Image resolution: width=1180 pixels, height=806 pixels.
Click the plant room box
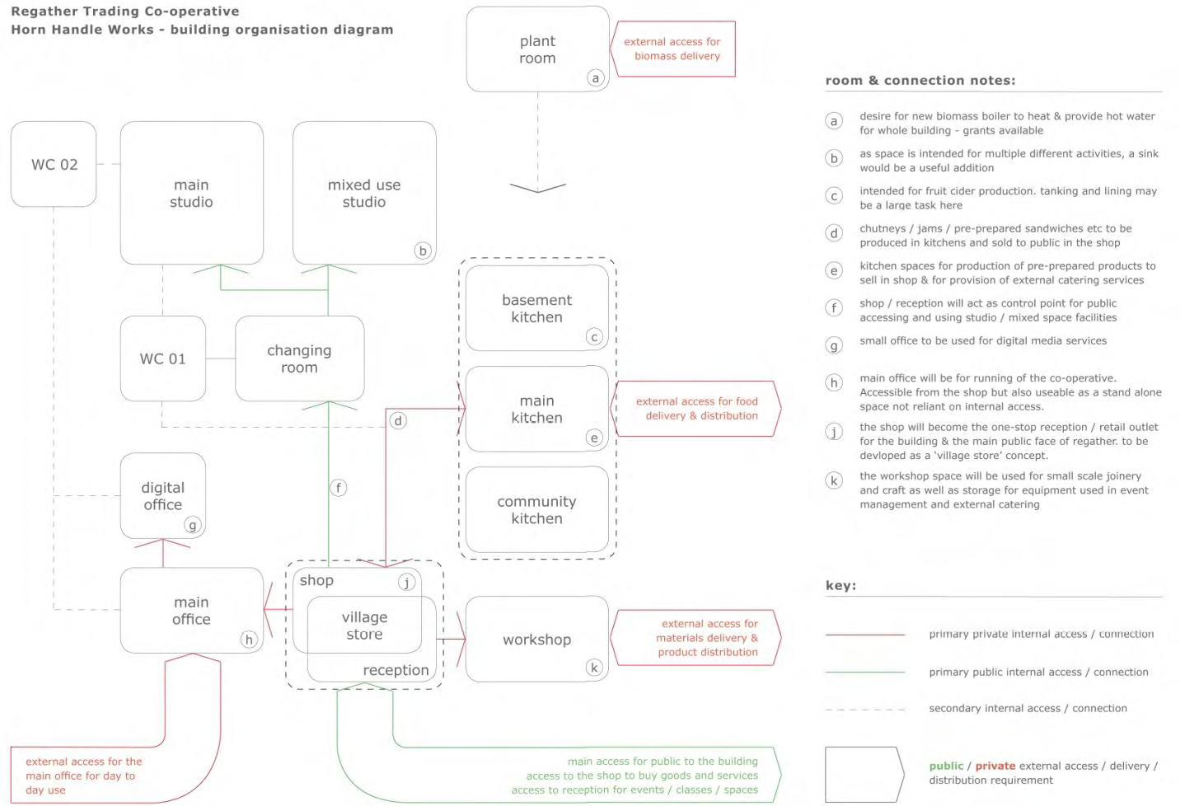click(537, 49)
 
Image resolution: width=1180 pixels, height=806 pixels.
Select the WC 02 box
click(54, 164)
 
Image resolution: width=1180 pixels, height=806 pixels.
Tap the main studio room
click(192, 193)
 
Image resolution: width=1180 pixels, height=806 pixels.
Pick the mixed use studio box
click(364, 193)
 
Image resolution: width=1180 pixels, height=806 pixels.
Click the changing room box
click(299, 358)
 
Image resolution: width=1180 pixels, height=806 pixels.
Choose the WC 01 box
click(163, 358)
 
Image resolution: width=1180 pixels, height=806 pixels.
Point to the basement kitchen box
click(536, 308)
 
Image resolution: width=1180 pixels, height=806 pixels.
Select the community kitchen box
click(536, 509)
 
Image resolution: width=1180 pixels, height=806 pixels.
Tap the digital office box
click(163, 496)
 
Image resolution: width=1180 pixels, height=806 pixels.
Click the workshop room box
click(536, 639)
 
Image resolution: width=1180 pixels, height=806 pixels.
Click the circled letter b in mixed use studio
click(423, 251)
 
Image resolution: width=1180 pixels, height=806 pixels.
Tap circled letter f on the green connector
click(338, 488)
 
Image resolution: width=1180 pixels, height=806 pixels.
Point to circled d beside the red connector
click(398, 421)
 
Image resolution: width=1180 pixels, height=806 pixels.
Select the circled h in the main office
click(249, 640)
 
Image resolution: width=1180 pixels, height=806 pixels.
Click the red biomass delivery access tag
click(672, 49)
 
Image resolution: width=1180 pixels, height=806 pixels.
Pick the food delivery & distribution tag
click(695, 408)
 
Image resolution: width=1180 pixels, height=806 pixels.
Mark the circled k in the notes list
click(834, 480)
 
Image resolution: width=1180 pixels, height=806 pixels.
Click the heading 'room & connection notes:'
click(920, 81)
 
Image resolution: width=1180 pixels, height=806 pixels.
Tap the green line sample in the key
click(865, 672)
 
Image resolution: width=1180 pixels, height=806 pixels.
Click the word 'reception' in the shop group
click(396, 670)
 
